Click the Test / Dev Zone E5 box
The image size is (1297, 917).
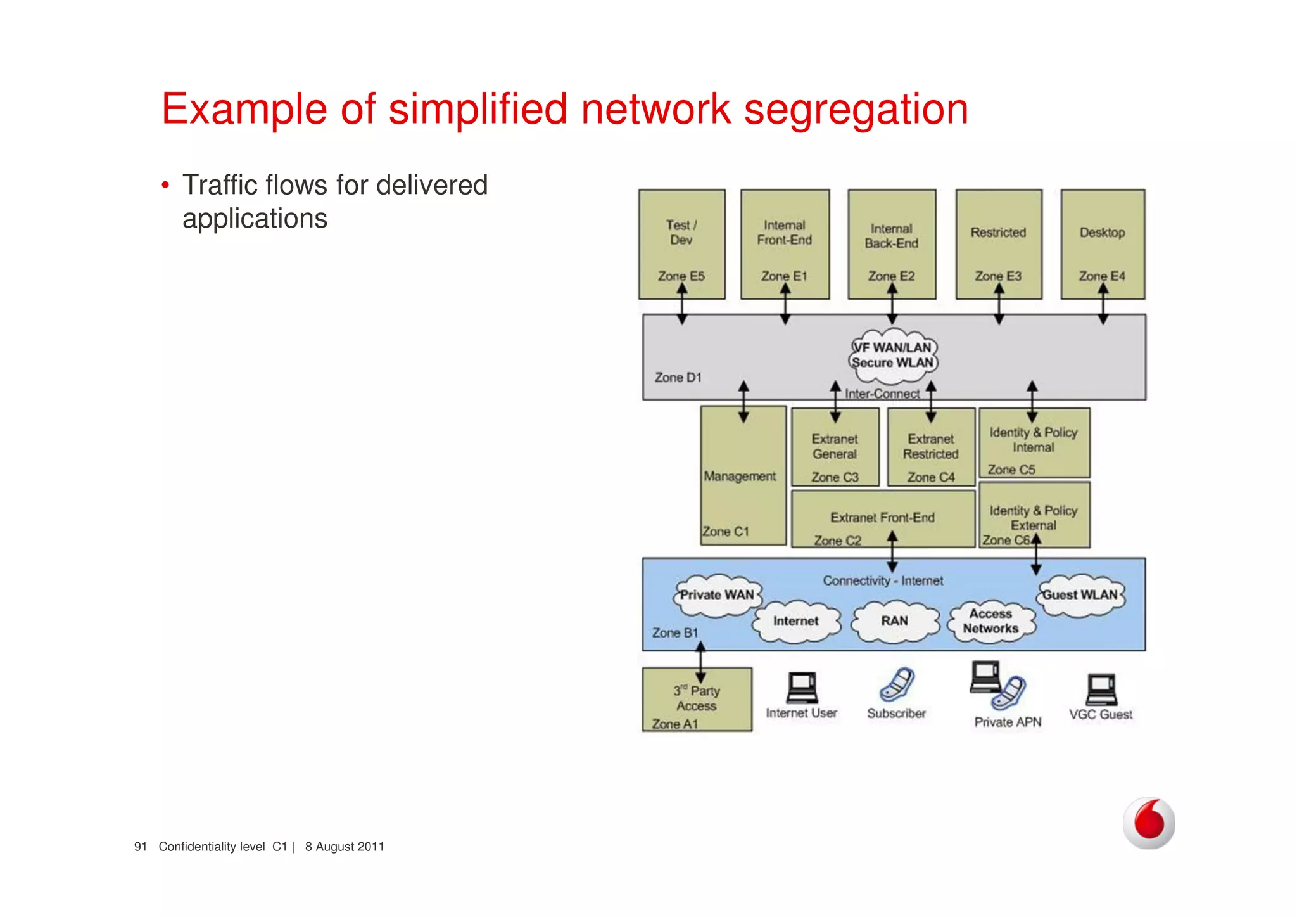coord(681,244)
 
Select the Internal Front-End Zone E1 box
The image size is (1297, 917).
coord(785,244)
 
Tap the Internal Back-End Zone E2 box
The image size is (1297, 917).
coord(892,244)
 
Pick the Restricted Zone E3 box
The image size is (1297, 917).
coord(999,244)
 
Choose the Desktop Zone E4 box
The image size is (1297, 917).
coord(1103,244)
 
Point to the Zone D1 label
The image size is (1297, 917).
coord(678,378)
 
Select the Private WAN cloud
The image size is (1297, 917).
coord(717,596)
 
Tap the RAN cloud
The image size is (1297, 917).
coord(894,622)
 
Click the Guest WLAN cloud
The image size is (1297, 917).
coord(1080,596)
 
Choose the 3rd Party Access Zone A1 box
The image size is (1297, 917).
coord(697,700)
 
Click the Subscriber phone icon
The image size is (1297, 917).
coord(896,685)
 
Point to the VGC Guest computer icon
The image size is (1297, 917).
coord(1101,689)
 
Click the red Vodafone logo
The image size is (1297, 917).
coord(1149,823)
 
